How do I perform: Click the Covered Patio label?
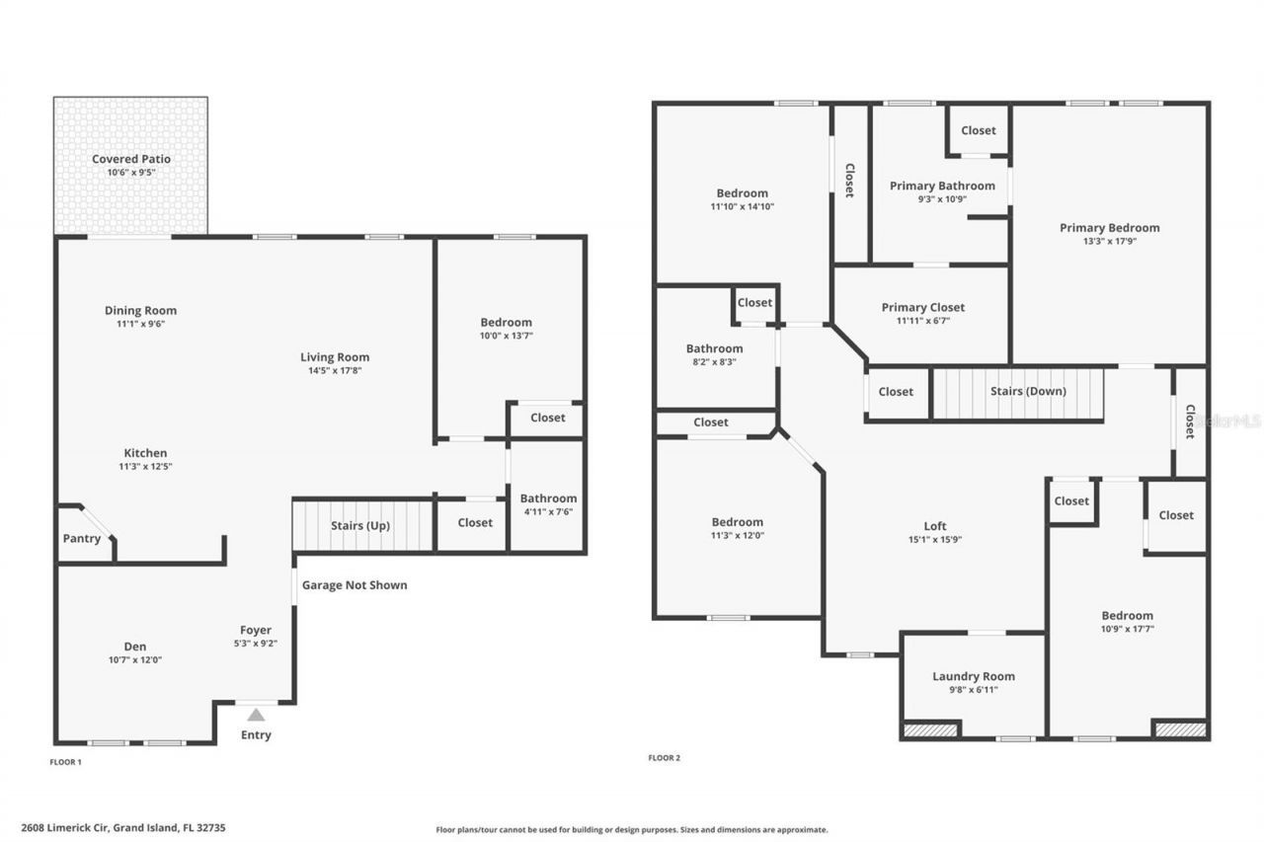[x=131, y=159]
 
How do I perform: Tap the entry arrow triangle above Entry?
[x=256, y=715]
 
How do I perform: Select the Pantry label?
[x=82, y=539]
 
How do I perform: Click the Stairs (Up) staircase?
[x=362, y=526]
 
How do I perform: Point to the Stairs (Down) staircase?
[x=1017, y=392]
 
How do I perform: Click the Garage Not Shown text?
[x=355, y=585]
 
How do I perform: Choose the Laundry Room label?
[x=974, y=676]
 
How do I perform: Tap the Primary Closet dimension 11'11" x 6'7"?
[x=923, y=321]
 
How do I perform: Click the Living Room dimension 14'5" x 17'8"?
[x=335, y=371]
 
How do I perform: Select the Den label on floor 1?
[x=134, y=647]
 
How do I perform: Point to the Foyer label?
[x=256, y=630]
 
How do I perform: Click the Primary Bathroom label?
[x=942, y=186]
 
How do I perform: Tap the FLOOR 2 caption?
[x=664, y=758]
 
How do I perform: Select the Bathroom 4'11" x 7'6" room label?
[x=548, y=498]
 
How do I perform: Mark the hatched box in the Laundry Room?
[x=930, y=729]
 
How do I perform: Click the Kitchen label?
[x=145, y=453]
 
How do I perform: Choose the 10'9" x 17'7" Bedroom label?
[x=1127, y=615]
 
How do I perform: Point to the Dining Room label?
[x=141, y=310]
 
